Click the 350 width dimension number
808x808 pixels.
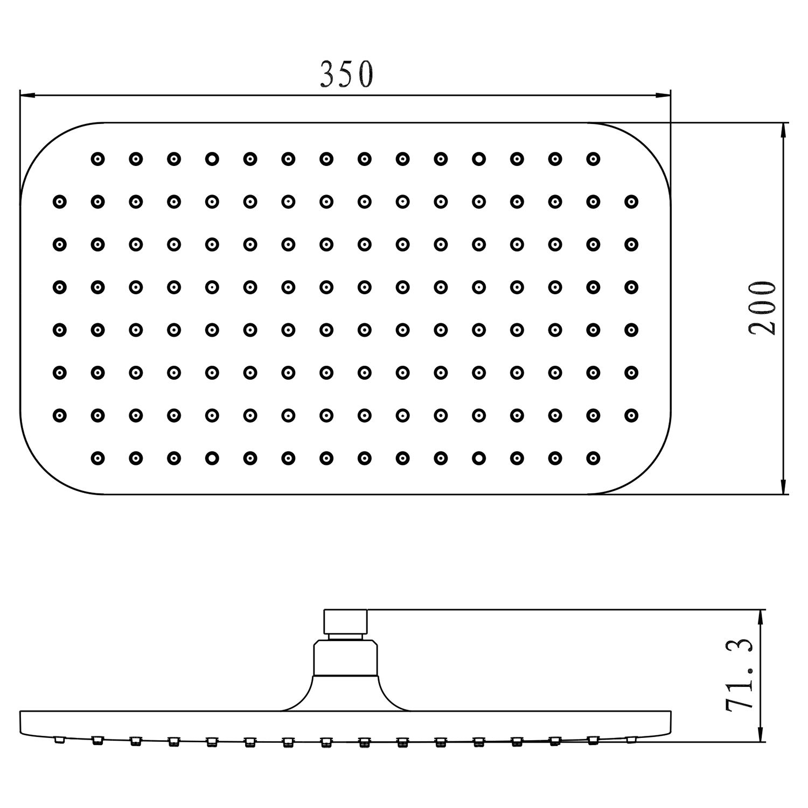(x=346, y=74)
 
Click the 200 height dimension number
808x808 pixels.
(x=763, y=308)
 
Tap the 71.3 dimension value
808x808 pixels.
(x=739, y=675)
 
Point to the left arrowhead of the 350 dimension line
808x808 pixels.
(x=27, y=96)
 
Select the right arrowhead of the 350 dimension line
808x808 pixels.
(x=664, y=96)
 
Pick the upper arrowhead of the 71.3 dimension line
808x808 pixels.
(x=760, y=617)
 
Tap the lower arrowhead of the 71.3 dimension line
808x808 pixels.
(x=760, y=735)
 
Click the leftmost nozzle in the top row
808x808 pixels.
(x=97, y=159)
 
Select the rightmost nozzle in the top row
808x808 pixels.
(x=593, y=159)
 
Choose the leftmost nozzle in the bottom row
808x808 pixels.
(x=97, y=458)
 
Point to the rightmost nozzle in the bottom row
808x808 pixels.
(x=593, y=458)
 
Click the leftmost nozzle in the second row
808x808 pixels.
(x=59, y=202)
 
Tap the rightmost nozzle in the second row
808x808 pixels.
(x=631, y=202)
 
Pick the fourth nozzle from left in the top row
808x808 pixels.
(x=212, y=159)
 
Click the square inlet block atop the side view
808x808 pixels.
(x=345, y=622)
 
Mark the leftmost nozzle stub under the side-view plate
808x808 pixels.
(x=59, y=740)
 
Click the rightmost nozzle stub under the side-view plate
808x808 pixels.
(x=631, y=739)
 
